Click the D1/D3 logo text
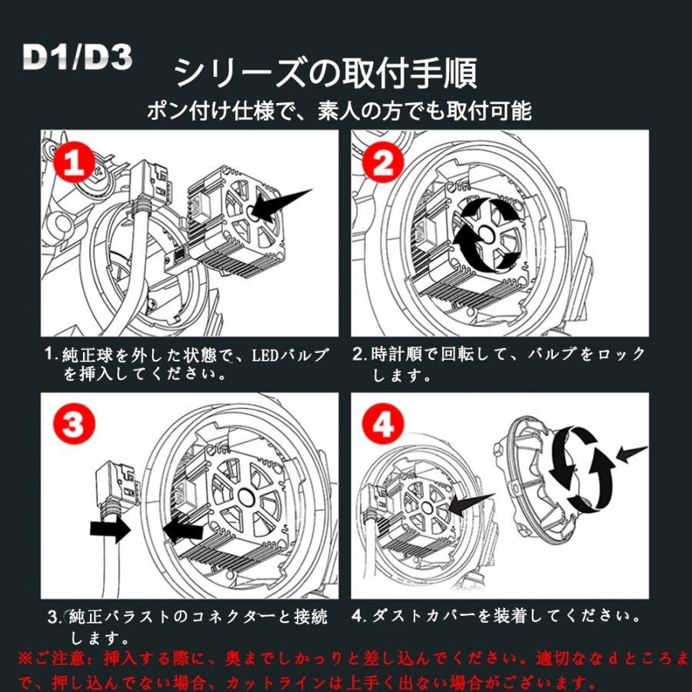(x=78, y=57)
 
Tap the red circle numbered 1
(x=74, y=162)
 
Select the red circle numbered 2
(x=383, y=162)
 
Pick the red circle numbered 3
(x=74, y=424)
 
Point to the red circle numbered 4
(x=383, y=424)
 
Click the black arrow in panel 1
(x=279, y=205)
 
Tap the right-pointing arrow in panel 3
(x=110, y=529)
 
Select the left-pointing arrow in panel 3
(x=183, y=529)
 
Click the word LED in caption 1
(x=264, y=356)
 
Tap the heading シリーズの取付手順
(x=326, y=73)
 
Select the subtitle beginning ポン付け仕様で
(x=339, y=110)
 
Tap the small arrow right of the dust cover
(x=632, y=454)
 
